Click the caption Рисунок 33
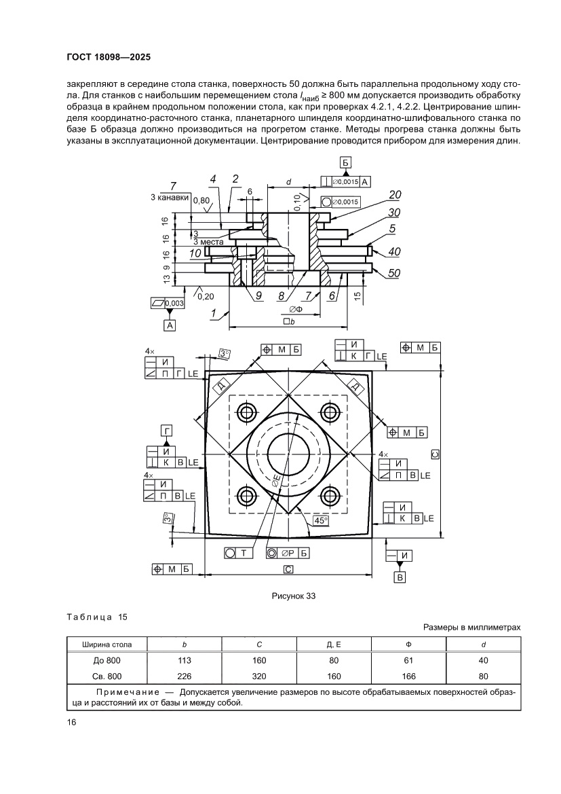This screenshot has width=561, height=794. coord(294,596)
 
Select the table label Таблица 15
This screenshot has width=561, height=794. coord(97,617)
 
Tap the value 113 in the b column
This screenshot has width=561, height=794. coord(185,660)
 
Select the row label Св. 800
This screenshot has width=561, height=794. coord(107,676)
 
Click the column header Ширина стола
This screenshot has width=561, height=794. coord(107,644)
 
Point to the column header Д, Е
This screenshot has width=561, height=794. coord(333,644)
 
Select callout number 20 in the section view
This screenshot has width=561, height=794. coord(395,195)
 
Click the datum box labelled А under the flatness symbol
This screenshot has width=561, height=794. coord(169,326)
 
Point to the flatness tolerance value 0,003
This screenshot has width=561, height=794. coord(173,302)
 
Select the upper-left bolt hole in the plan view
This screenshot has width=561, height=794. coord(245,412)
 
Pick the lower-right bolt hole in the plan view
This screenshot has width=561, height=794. coord(330,494)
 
